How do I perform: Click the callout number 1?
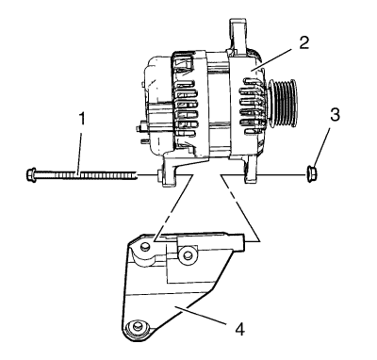pyautogui.click(x=82, y=120)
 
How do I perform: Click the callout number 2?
pyautogui.click(x=304, y=43)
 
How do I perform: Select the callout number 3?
pyautogui.click(x=335, y=115)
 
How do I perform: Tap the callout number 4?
pyautogui.click(x=239, y=330)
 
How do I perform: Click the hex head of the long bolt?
pyautogui.click(x=30, y=174)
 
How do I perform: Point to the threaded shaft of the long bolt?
pyautogui.click(x=86, y=174)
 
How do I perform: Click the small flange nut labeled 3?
pyautogui.click(x=310, y=174)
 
